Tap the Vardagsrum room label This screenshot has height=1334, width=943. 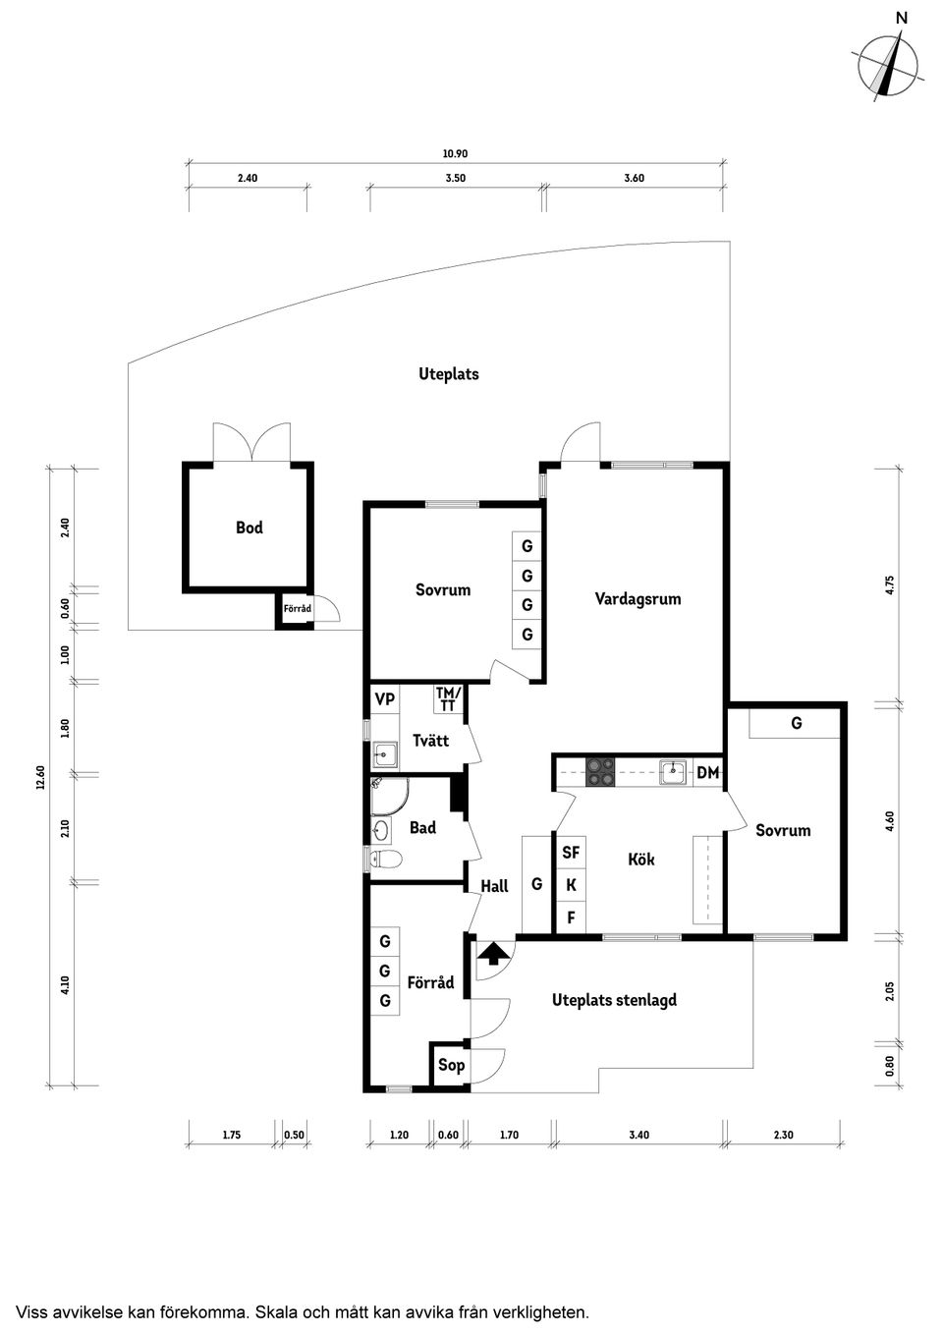(x=638, y=598)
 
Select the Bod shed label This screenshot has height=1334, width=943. (x=250, y=528)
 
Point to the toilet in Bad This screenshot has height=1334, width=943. (x=385, y=859)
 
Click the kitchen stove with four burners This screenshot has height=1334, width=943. (x=600, y=772)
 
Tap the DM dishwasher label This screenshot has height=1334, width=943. (x=708, y=773)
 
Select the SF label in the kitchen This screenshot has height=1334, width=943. (x=571, y=853)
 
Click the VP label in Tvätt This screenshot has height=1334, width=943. (x=385, y=698)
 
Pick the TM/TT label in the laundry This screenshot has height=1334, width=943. (x=448, y=699)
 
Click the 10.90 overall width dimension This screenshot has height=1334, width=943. (x=455, y=153)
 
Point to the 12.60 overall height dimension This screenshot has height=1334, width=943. (x=40, y=777)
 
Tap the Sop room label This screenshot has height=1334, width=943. (x=451, y=1064)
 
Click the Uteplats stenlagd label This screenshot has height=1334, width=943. (x=614, y=999)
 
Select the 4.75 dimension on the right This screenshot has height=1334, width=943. (x=889, y=584)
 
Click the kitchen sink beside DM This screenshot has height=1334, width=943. (x=673, y=772)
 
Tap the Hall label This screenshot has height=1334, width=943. (x=495, y=887)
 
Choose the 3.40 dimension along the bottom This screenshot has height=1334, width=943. (x=638, y=1136)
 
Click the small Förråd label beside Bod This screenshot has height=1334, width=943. (x=297, y=609)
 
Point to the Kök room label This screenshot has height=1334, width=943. (x=641, y=859)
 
